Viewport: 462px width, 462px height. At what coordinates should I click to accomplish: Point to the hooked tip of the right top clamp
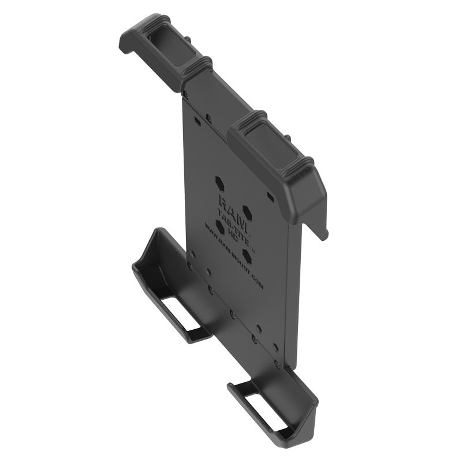point(323,231)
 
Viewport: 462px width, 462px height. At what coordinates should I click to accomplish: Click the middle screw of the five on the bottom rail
point(232,314)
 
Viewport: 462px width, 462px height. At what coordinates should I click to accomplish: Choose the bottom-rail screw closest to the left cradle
point(189,266)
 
